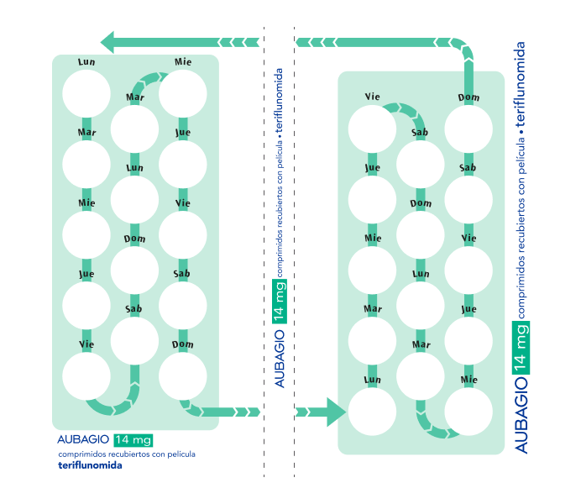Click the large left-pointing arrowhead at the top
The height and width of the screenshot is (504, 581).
(x=107, y=42)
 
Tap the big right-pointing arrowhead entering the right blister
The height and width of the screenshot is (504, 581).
(x=336, y=412)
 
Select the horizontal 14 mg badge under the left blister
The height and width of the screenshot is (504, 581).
(x=133, y=440)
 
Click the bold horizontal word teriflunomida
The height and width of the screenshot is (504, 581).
(x=90, y=465)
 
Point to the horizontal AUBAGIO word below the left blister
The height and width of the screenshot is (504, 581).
(x=83, y=439)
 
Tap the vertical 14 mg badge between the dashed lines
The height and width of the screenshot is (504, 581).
(x=280, y=301)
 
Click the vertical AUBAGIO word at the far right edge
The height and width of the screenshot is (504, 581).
(x=521, y=415)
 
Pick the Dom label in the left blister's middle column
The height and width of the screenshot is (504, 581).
(x=134, y=239)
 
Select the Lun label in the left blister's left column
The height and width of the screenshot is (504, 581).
(x=86, y=61)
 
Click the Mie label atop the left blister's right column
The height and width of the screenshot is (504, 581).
(x=183, y=61)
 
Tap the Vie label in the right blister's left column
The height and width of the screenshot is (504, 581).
(x=373, y=97)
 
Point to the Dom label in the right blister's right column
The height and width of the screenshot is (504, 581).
(x=468, y=97)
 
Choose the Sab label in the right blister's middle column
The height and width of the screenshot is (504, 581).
(x=420, y=133)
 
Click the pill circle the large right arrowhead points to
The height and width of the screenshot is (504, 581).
(x=372, y=412)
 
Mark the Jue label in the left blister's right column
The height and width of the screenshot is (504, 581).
(x=183, y=133)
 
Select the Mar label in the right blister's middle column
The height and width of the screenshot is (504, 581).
(x=421, y=344)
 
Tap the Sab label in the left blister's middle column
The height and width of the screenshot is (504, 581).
(x=133, y=309)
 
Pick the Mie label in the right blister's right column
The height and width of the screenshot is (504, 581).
(x=468, y=380)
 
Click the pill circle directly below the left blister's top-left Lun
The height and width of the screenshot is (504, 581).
(x=86, y=94)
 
